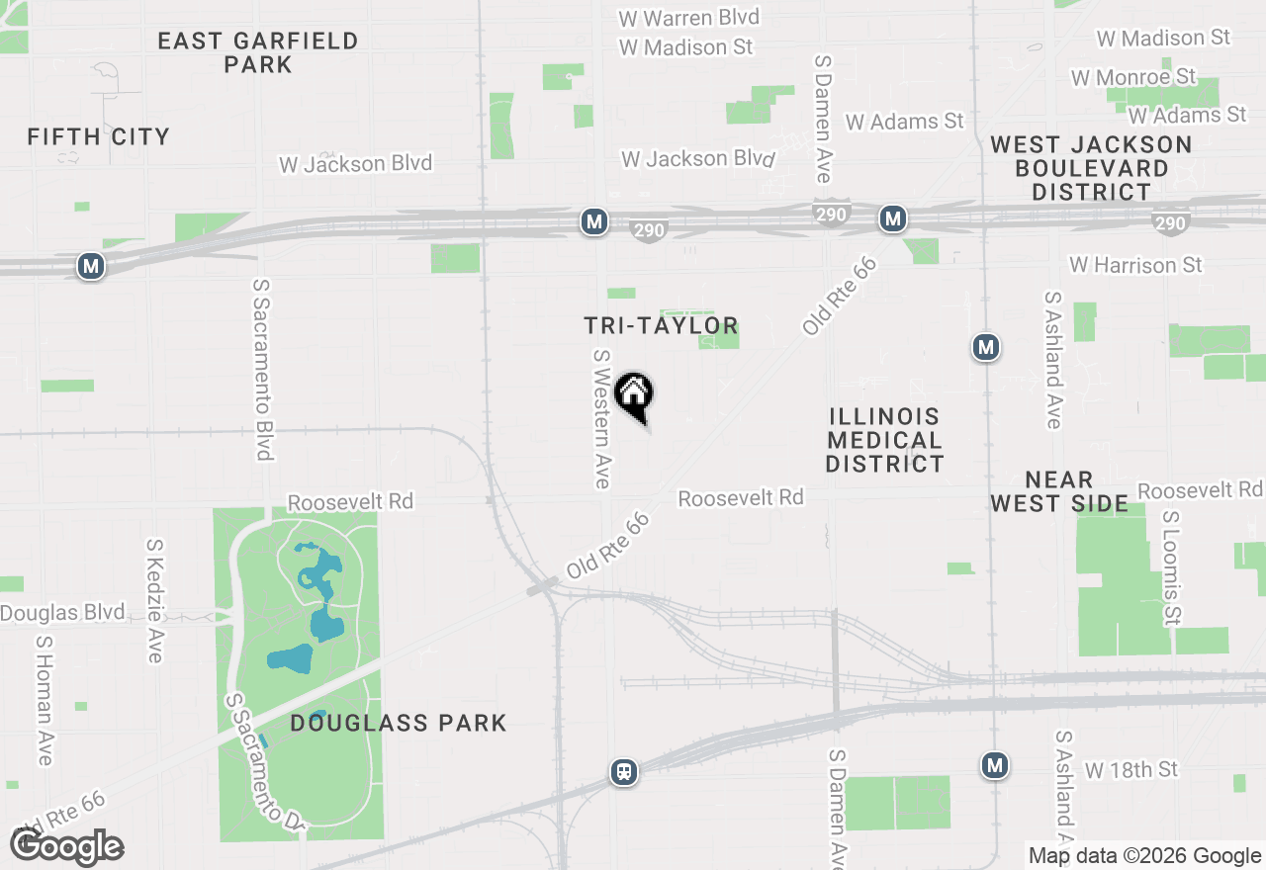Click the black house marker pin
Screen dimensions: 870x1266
coord(634,395)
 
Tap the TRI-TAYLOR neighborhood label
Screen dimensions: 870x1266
coord(661,325)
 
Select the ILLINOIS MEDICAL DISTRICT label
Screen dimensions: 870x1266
coord(885,440)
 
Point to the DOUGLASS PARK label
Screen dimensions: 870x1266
coord(399,724)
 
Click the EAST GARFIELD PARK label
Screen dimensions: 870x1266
coord(258,52)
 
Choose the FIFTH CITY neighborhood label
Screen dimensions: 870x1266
coord(99,136)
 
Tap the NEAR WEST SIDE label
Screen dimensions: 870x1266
coord(1059,491)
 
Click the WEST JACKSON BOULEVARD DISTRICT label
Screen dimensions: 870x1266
coord(1091,168)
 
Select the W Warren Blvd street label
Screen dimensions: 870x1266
coord(688,18)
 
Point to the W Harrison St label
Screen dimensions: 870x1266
coord(1135,265)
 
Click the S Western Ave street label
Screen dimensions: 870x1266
coord(601,418)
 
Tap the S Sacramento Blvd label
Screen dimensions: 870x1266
coord(262,369)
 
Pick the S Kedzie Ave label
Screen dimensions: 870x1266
coord(155,600)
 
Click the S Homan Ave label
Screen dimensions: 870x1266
coord(44,699)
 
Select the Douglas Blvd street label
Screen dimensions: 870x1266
coord(62,613)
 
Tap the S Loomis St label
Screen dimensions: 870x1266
coord(1172,568)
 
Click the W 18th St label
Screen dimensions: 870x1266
coord(1131,769)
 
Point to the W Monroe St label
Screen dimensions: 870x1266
coord(1133,76)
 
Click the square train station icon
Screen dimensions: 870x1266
coord(624,771)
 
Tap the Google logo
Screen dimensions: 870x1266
coord(67,847)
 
